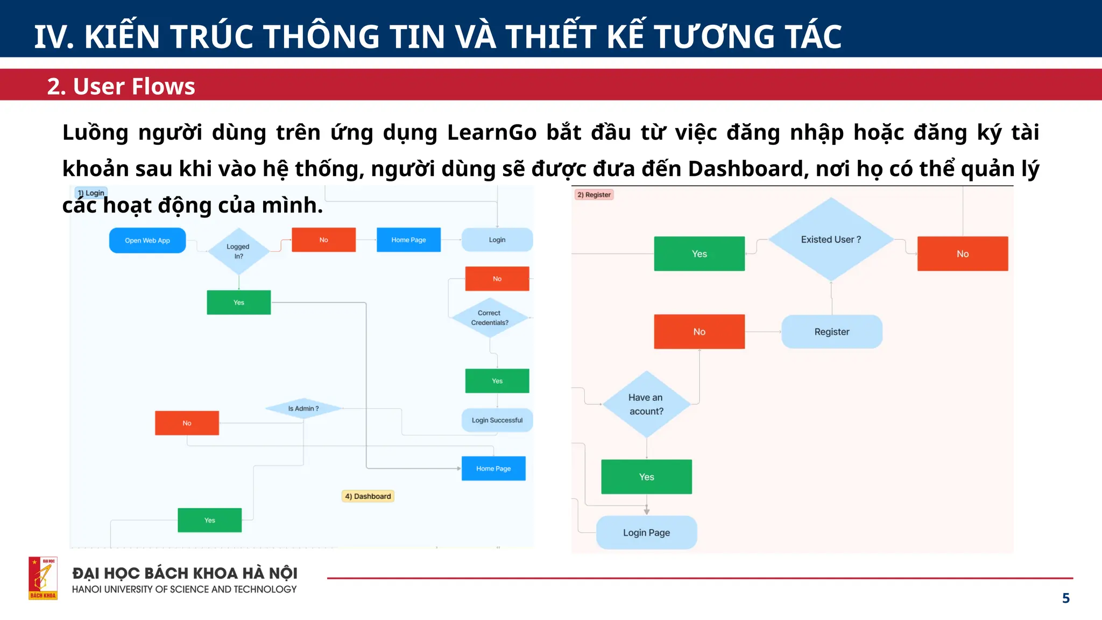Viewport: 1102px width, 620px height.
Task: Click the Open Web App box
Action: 147,241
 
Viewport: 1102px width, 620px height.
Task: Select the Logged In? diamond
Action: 238,251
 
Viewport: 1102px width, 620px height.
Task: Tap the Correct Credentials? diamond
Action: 490,318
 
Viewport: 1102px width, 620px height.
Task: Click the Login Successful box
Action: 497,420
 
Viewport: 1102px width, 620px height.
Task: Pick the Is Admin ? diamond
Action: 303,408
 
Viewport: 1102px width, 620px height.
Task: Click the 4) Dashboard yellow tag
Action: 368,496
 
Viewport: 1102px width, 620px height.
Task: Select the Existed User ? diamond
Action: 831,239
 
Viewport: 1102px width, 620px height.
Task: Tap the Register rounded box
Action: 831,332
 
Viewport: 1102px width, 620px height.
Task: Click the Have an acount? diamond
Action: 646,404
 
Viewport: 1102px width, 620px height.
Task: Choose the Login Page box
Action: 646,533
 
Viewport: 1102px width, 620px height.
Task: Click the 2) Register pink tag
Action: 594,195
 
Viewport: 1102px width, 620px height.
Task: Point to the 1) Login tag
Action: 91,193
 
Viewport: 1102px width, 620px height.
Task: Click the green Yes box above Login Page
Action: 646,477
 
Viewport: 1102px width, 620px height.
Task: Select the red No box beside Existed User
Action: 962,254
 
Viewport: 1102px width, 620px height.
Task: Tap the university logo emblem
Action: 43,578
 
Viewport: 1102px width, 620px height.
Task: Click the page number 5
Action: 1065,598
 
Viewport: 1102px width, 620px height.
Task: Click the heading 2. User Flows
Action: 121,86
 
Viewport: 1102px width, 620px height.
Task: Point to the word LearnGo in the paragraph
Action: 492,132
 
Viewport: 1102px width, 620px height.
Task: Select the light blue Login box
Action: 497,240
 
